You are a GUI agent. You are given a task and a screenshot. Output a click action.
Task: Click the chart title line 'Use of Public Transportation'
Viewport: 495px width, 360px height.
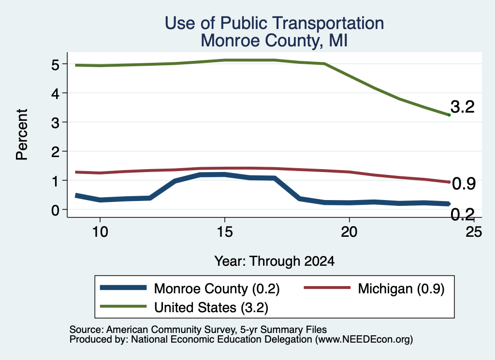click(275, 23)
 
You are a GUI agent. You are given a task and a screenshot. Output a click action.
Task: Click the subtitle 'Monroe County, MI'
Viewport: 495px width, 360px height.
click(275, 41)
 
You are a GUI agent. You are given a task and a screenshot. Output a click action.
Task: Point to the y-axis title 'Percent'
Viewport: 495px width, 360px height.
click(22, 135)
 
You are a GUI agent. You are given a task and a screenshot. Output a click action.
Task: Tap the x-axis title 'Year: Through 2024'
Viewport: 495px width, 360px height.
click(275, 261)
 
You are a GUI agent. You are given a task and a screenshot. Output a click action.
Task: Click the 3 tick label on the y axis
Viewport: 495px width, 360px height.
click(55, 122)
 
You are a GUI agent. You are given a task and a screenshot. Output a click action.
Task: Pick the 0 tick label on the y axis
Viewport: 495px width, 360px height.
click(55, 210)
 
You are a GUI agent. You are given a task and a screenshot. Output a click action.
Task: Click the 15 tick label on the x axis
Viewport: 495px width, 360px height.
click(225, 232)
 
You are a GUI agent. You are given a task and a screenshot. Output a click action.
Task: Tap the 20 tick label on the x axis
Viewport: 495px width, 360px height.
click(349, 232)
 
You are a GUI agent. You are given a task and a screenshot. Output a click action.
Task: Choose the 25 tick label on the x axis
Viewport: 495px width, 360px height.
click(474, 232)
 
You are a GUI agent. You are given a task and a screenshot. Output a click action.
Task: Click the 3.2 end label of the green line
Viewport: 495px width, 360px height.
click(463, 107)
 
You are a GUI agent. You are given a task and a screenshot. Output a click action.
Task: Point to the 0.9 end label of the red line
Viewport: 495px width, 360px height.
click(464, 184)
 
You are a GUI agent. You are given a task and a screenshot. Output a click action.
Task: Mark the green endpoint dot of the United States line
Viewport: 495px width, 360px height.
click(449, 115)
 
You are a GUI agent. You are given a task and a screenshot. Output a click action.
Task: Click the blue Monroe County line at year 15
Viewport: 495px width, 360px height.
click(225, 174)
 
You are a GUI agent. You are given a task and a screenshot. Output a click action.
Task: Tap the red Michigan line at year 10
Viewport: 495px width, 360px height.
click(100, 173)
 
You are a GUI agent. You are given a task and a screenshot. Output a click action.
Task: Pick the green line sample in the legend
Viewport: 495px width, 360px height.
click(123, 306)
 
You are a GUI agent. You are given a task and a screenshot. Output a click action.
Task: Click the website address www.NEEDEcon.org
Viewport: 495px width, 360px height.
click(364, 339)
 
